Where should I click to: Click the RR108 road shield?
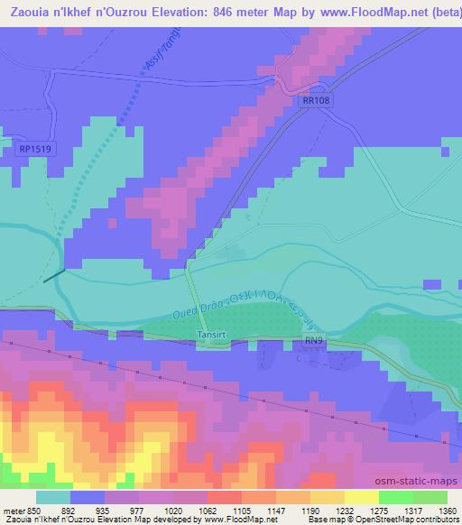pos(316,102)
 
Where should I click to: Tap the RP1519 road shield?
pos(34,149)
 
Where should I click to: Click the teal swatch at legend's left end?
pos(52,497)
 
